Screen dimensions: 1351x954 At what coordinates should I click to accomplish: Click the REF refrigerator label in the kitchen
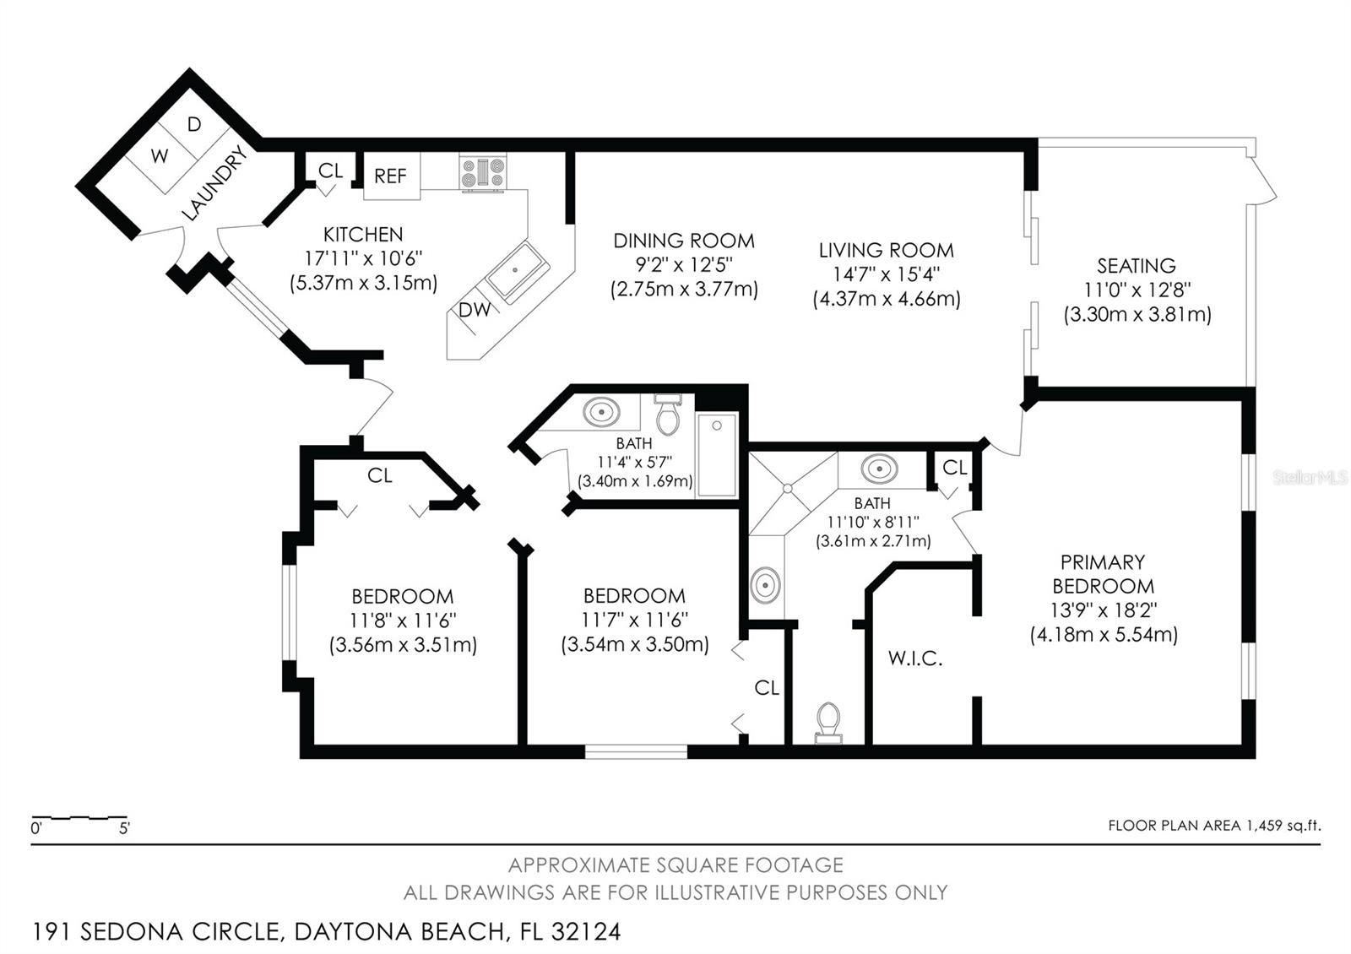coord(390,176)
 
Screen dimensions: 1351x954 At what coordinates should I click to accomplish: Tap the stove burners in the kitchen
coord(482,173)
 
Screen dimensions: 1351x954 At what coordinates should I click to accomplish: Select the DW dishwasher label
coord(474,309)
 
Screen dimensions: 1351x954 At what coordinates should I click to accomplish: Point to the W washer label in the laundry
coord(160,156)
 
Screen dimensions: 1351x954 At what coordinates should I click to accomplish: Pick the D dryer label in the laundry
coord(193,124)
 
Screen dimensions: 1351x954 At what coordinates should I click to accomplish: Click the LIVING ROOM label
coord(886,250)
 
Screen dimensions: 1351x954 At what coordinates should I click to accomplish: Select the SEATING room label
coord(1137,266)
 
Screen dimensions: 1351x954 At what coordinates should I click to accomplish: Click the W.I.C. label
coord(915,659)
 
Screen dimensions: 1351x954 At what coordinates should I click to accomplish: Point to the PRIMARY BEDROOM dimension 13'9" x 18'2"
coord(1103,610)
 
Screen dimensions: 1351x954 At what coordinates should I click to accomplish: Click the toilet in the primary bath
coord(828,723)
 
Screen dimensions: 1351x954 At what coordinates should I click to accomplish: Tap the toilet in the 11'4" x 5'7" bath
coord(668,415)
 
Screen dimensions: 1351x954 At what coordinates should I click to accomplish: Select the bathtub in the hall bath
coord(717,455)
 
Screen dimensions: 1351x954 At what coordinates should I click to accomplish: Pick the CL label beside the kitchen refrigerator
coord(330,171)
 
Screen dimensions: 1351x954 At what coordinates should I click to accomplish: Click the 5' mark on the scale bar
coord(124,828)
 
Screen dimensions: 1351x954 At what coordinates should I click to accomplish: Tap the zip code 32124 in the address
coord(586,932)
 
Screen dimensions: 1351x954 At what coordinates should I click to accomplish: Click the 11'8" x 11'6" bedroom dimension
coord(403,621)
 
